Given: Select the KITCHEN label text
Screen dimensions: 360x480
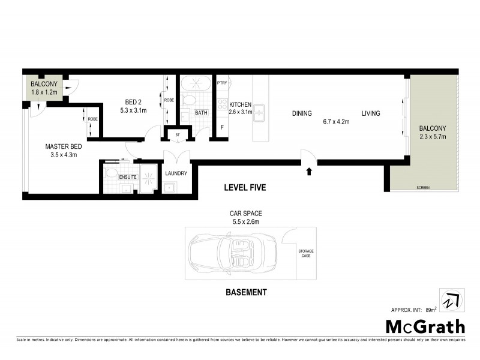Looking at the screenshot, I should tap(240, 104).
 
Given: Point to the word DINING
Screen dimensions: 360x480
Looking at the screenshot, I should tap(302, 113).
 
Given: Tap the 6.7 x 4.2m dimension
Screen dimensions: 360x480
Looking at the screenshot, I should tap(336, 122).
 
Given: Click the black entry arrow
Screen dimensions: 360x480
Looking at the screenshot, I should tap(309, 172).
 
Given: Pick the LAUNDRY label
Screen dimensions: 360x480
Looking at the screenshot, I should tap(176, 173).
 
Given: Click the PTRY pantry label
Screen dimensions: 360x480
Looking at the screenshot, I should tap(221, 83).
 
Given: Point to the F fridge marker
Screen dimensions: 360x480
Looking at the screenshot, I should tap(221, 128).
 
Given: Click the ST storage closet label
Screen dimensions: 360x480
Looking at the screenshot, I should tap(178, 135).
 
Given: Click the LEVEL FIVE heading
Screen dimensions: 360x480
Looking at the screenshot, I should tap(245, 188).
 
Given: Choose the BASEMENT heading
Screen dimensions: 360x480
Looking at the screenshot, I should tap(246, 293).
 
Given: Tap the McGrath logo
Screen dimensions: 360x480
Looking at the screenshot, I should tap(424, 327).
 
